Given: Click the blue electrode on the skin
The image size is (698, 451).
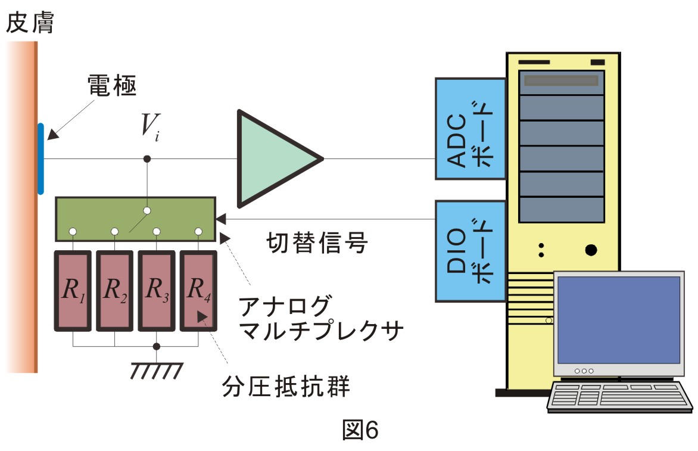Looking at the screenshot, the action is [x=40, y=159].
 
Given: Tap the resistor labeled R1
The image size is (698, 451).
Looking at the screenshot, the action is [x=73, y=291].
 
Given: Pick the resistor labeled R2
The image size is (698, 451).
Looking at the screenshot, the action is [x=115, y=291].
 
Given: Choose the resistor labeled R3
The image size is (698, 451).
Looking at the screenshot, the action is [x=157, y=291].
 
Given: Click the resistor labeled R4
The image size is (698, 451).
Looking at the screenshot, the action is [x=198, y=291].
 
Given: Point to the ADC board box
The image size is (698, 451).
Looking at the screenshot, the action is [x=470, y=129].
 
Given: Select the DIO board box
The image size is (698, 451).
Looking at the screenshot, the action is [x=470, y=251].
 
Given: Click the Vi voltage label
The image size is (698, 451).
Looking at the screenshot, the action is [x=150, y=127].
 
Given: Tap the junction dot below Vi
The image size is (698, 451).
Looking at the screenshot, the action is [x=147, y=159].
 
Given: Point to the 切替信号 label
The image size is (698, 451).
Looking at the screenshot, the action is [x=317, y=243].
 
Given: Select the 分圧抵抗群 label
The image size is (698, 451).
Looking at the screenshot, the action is [x=286, y=386].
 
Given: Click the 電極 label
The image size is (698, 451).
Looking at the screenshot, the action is [x=112, y=85].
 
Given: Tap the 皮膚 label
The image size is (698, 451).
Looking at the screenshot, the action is [x=30, y=22].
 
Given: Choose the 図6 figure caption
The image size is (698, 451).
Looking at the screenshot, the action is [x=360, y=430].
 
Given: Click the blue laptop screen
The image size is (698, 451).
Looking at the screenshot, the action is [x=619, y=320].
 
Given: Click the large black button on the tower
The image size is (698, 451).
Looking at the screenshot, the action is [x=591, y=250].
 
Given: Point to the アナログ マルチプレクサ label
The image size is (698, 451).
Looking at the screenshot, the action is [x=320, y=318].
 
